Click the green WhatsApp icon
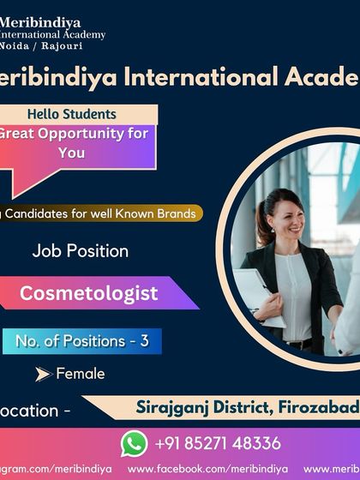click(x=135, y=443)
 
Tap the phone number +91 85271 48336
click(x=218, y=443)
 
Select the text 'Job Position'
click(x=81, y=251)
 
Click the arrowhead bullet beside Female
click(x=43, y=374)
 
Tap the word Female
click(x=81, y=374)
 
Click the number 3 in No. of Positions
click(x=145, y=340)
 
